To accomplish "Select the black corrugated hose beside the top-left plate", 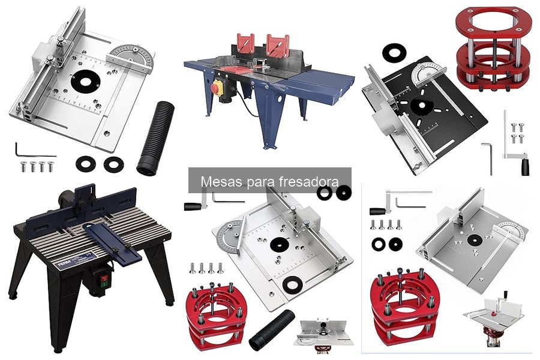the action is tap(155, 138).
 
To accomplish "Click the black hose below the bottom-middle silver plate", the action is tap(272, 329).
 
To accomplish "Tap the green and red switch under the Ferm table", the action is tap(104, 280).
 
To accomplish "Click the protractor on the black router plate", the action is tap(428, 73).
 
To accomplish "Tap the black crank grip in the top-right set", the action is tap(525, 166).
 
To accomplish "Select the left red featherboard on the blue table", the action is tap(245, 44).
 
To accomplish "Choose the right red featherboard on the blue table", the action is tap(278, 45).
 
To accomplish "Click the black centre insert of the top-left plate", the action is tap(86, 82).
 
